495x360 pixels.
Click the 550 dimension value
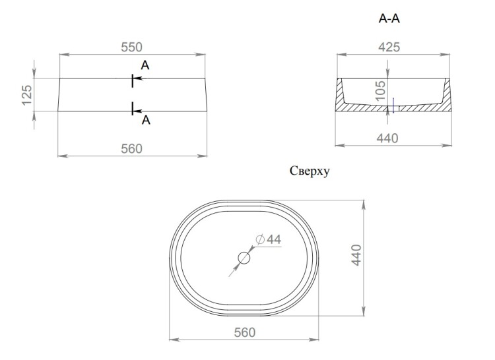pos(131,47)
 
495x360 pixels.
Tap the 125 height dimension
pos(27,95)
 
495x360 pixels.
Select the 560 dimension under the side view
pos(131,148)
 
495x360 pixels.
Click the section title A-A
pos(389,18)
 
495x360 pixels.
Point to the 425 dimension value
pos(389,47)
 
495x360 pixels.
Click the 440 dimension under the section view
pos(387,138)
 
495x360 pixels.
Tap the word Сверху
pos(310,171)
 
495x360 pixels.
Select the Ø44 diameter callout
pos(269,239)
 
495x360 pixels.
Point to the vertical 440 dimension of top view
pos(356,255)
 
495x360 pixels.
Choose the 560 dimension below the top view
pos(245,332)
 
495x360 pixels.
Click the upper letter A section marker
pos(145,65)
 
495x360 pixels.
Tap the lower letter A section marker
pos(146,120)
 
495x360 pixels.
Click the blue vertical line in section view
pos(393,105)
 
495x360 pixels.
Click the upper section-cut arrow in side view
pos(137,78)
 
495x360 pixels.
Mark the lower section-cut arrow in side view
pos(137,111)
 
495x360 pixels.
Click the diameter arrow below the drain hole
pos(234,270)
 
